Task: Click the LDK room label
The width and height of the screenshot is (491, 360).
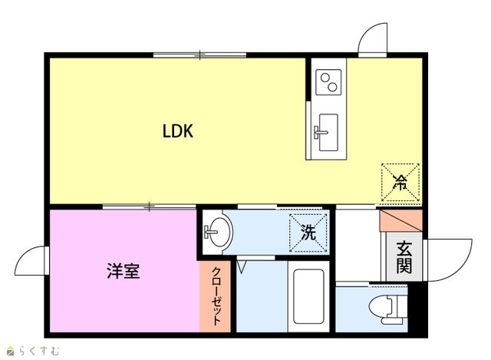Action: [178, 131]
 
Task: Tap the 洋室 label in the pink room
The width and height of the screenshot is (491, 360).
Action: [124, 271]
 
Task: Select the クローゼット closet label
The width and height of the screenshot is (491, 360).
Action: [216, 296]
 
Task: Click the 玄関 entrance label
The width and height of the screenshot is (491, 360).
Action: [404, 257]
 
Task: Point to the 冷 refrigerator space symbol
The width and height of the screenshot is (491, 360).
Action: [400, 183]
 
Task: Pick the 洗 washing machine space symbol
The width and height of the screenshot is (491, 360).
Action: [308, 233]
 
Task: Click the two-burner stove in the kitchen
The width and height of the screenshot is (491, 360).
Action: [328, 82]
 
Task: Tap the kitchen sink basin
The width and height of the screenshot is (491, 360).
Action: [328, 133]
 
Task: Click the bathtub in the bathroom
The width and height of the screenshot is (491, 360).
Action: [308, 296]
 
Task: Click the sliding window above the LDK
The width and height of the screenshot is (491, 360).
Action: [199, 55]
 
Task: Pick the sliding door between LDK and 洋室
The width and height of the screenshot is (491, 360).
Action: [150, 206]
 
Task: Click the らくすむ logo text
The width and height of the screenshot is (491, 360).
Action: [39, 351]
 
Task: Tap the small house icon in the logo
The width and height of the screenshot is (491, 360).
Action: [11, 351]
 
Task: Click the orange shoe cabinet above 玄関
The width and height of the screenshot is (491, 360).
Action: [400, 221]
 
